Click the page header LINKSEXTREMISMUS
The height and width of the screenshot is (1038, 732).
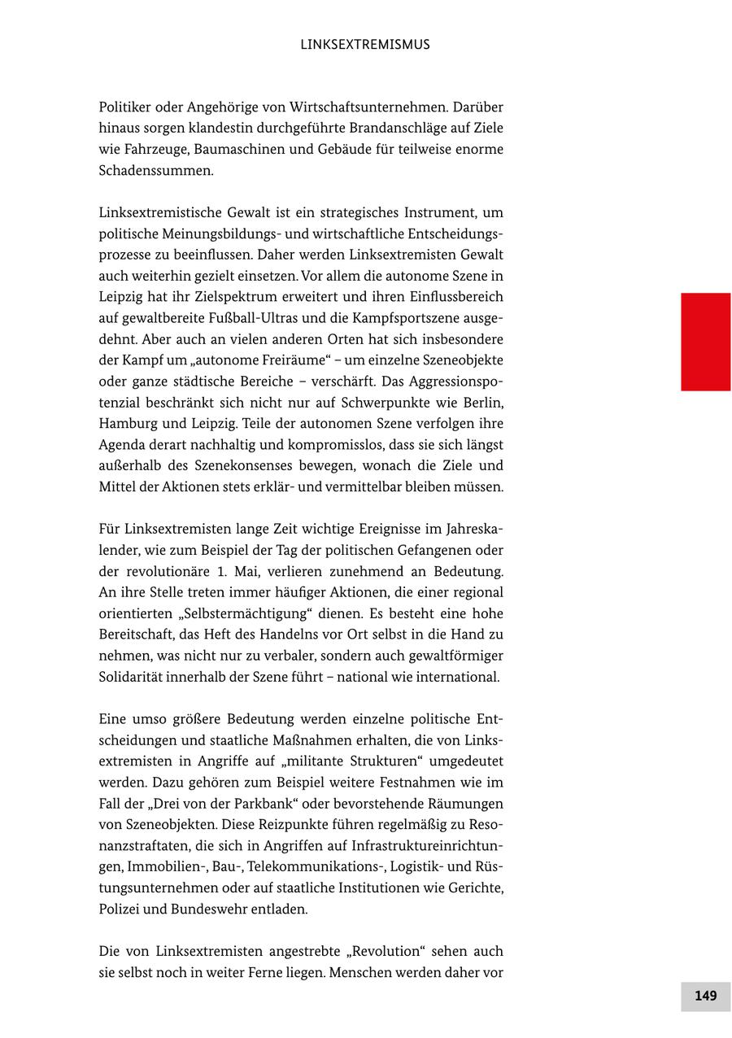click(364, 45)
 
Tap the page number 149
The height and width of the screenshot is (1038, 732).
click(705, 996)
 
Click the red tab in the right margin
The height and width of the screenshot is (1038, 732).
click(705, 342)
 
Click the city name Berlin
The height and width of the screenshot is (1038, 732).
click(484, 403)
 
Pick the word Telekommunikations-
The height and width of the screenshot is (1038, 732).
click(323, 867)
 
